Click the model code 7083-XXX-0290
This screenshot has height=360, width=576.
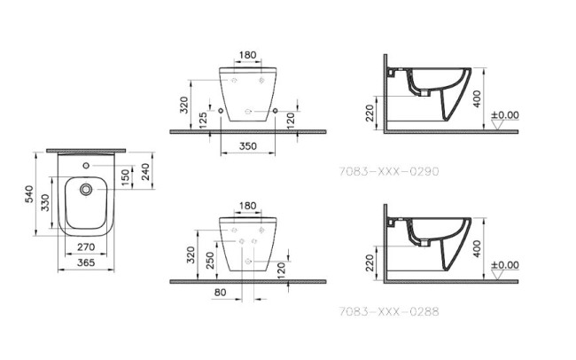click(x=389, y=170)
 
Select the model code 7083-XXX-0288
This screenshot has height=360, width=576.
click(x=389, y=311)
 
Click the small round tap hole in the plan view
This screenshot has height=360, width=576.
click(x=86, y=166)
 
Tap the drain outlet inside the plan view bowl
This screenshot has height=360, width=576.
click(x=87, y=190)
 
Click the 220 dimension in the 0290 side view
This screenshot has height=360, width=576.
click(x=370, y=113)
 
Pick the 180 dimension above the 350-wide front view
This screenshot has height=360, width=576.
click(x=247, y=55)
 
